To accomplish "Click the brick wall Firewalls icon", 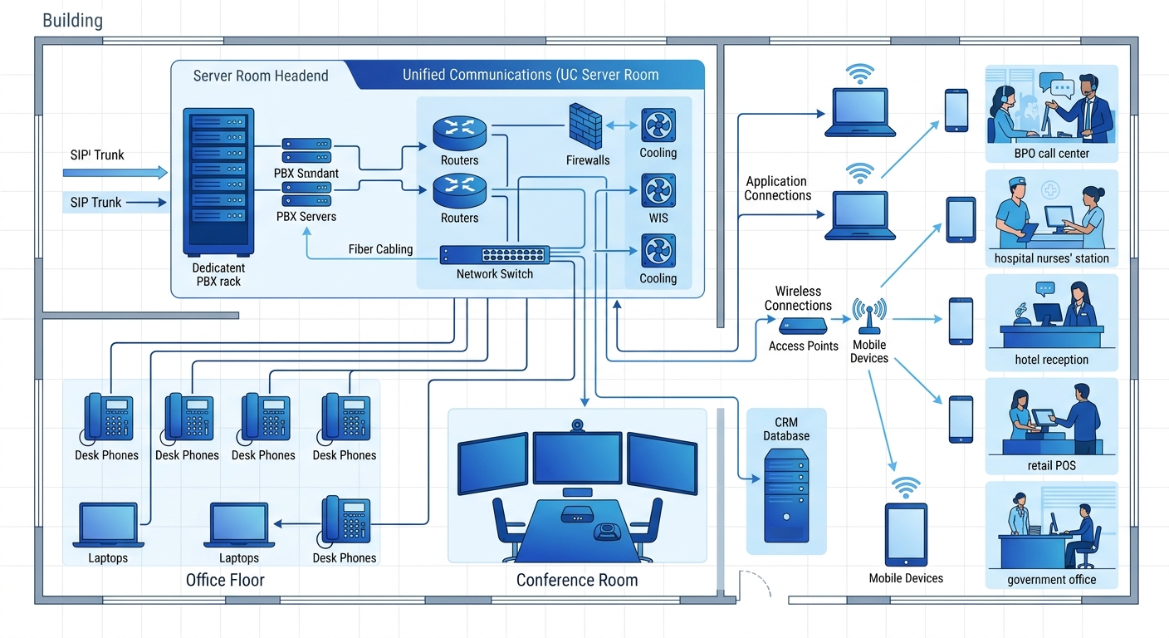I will tap(585, 126).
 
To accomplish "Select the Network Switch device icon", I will tap(495, 255).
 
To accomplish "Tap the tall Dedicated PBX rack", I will tap(218, 182).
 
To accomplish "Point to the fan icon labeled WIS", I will tap(658, 191).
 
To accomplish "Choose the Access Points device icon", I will tap(802, 325).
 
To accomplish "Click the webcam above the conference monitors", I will tap(577, 425).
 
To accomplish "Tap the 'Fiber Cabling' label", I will tap(380, 249).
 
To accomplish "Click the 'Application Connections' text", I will tap(777, 189).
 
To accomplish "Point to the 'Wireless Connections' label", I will tap(798, 298).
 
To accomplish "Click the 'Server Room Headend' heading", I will tap(261, 76).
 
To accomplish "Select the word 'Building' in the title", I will tap(72, 21).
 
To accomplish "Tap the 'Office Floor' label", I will tap(225, 580).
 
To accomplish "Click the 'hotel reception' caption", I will tap(1051, 360).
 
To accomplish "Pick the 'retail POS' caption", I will tap(1051, 465).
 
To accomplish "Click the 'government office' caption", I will tap(1051, 580).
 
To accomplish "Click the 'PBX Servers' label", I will tap(306, 217).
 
